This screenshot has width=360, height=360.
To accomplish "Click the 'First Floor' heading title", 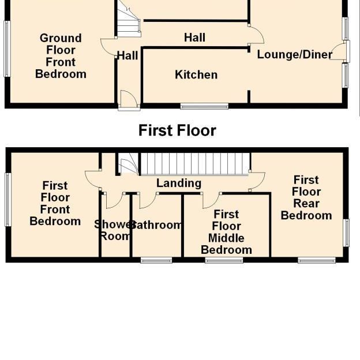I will (177, 131).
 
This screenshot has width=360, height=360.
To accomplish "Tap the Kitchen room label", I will (196, 75).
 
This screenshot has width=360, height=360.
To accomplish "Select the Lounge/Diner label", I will (294, 55).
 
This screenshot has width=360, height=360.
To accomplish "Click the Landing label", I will (179, 183).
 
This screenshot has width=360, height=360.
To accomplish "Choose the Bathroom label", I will (157, 225).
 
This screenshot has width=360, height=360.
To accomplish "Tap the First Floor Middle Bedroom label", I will (226, 232).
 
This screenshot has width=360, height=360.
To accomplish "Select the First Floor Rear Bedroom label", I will (306, 198).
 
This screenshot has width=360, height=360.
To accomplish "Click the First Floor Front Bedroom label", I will (55, 204).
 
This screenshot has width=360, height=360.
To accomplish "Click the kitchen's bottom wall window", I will (204, 106).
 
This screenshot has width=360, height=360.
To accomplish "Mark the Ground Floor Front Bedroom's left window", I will (7, 49).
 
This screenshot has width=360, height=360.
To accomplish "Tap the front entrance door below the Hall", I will (129, 100).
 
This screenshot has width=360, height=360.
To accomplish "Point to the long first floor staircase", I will (195, 163).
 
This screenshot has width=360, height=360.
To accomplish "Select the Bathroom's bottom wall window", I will (156, 261).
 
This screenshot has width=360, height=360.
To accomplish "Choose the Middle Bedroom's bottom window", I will (224, 261).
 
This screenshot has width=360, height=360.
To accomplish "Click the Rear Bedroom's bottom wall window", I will (317, 261).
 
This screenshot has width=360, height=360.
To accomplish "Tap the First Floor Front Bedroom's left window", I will (8, 200).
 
